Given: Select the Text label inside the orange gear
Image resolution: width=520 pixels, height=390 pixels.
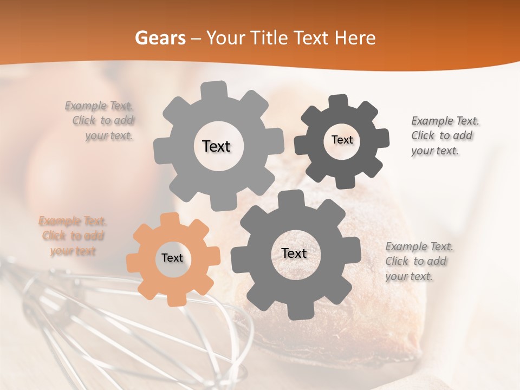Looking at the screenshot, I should (x=172, y=258).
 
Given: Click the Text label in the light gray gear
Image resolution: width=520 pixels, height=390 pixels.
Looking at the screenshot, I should (x=216, y=146).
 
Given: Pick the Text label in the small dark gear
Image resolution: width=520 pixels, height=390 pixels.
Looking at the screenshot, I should (x=342, y=140).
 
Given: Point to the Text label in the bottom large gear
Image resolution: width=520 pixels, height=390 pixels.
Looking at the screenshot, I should (x=294, y=253).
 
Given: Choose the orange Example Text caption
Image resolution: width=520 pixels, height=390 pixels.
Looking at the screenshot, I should (x=73, y=236).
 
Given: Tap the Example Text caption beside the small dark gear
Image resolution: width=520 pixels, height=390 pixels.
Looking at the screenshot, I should (x=444, y=136).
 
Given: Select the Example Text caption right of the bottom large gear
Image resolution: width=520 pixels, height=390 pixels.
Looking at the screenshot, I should (x=418, y=262).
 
